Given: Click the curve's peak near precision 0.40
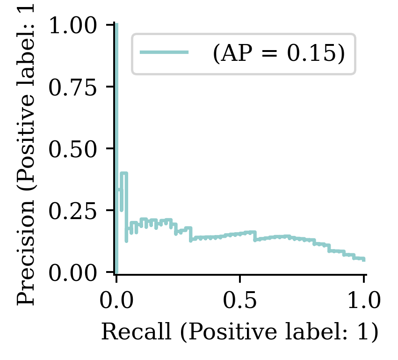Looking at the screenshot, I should click(124, 173).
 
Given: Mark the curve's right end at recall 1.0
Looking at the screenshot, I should click(363, 259).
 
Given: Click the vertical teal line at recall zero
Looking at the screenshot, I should click(116, 140).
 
